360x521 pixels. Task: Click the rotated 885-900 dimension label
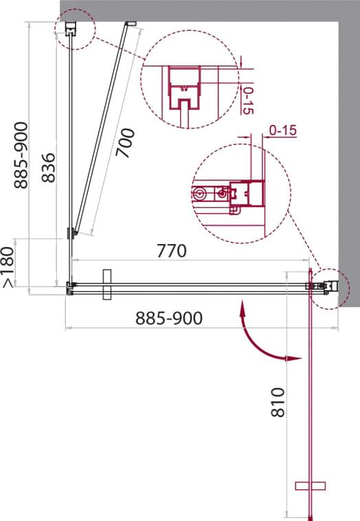pyautogui.click(x=21, y=155)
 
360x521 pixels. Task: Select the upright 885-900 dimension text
pyautogui.click(x=169, y=318)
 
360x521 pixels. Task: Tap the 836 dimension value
pyautogui.click(x=49, y=168)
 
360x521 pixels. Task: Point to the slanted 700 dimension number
pyautogui.click(x=125, y=143)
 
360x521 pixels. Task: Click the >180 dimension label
pyautogui.click(x=9, y=267)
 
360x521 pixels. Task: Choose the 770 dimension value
pyautogui.click(x=171, y=251)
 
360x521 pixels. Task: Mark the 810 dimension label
pyautogui.click(x=278, y=402)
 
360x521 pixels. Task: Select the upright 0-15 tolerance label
pyautogui.click(x=282, y=131)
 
